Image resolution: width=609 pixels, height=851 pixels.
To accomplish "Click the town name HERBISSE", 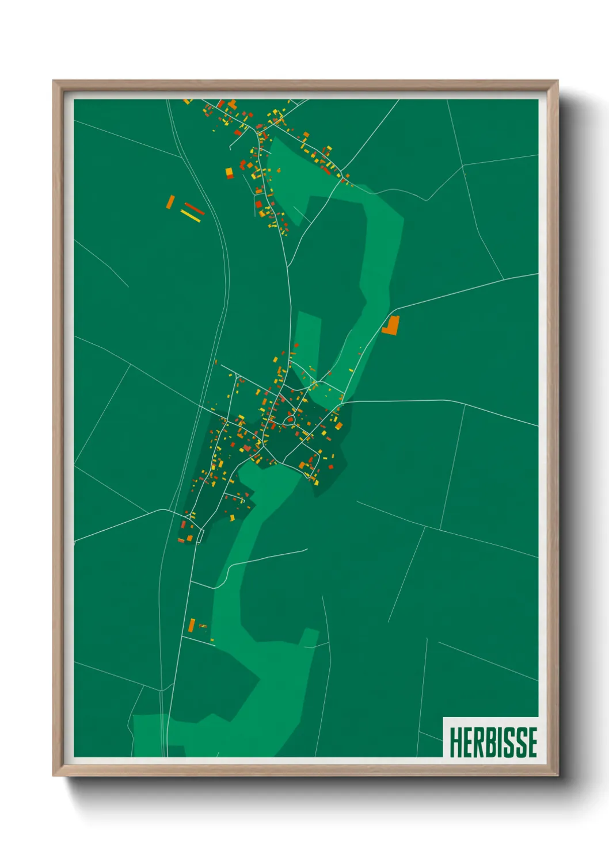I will [x=493, y=742].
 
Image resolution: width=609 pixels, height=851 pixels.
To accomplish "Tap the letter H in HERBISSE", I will [x=455, y=742].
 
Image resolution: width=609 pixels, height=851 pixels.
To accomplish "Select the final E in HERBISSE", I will [x=531, y=742].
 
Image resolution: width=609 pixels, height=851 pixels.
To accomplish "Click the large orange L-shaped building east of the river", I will [x=391, y=325].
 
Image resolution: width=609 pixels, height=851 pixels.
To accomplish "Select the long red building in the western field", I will [x=195, y=208].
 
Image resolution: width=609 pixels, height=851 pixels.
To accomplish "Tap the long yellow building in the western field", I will [x=191, y=216].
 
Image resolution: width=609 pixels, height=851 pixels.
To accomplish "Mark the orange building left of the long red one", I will [x=170, y=202].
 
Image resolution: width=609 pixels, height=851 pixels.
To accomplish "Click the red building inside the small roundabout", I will [x=290, y=420].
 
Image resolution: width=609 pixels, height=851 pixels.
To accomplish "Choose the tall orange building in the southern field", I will [x=192, y=624].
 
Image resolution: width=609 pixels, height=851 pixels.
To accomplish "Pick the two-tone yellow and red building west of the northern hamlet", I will [x=229, y=173].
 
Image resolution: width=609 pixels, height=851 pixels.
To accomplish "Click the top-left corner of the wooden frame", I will [x=54, y=81].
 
